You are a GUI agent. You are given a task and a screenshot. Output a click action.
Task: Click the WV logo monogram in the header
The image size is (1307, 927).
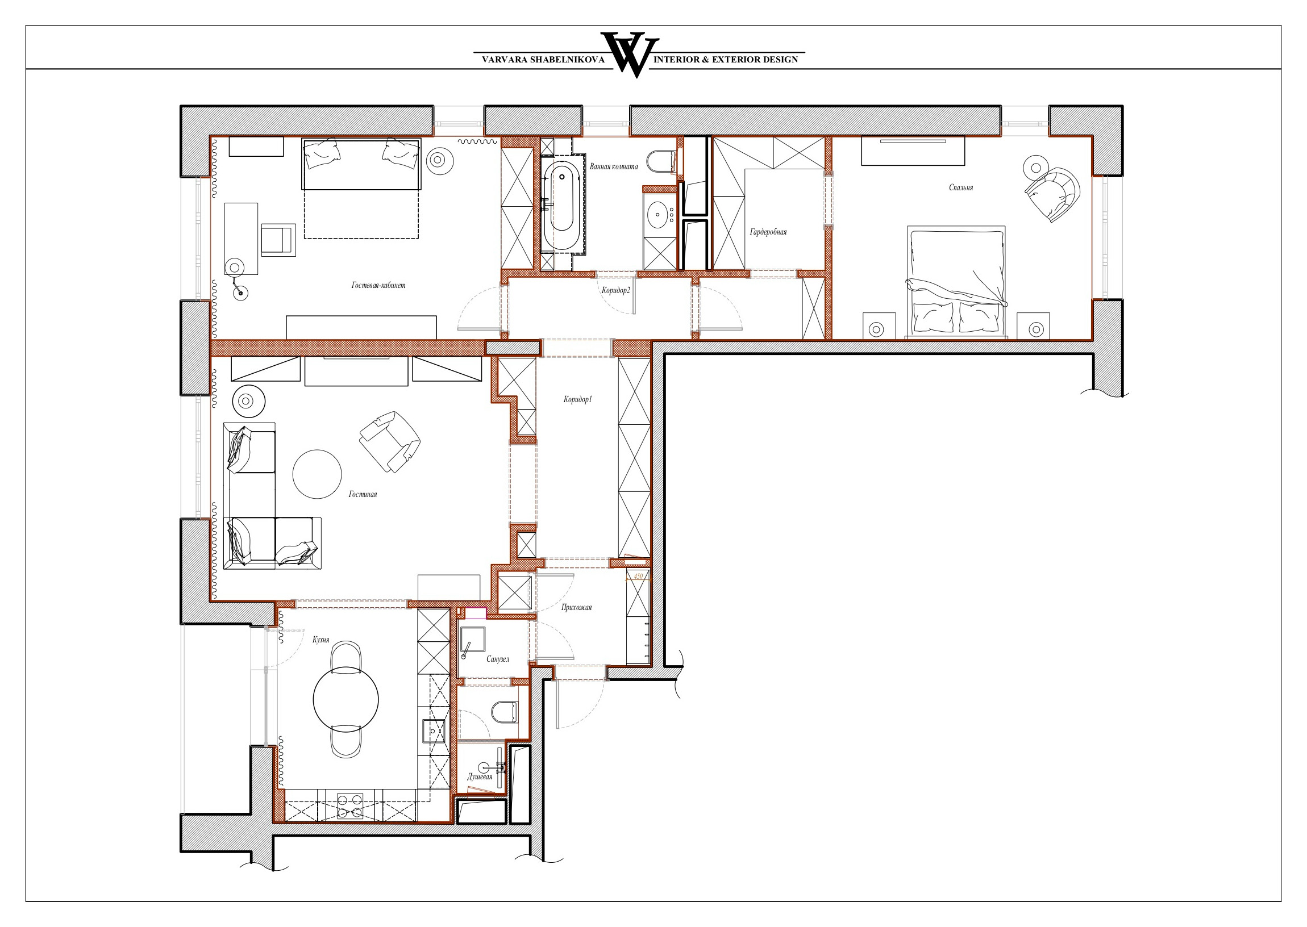630,54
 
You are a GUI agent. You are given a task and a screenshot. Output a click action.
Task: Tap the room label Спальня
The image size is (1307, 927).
961,187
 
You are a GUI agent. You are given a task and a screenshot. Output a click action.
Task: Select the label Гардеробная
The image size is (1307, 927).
768,232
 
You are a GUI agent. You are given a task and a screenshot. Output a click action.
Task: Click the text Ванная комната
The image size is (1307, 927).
614,166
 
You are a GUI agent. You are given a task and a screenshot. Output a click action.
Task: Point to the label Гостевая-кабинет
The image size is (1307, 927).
378,285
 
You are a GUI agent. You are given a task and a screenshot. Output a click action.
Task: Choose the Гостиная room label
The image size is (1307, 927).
363,494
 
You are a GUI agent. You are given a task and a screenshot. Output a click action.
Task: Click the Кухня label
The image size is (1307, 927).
320,640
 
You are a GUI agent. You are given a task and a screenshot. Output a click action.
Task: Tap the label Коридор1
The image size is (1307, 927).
577,399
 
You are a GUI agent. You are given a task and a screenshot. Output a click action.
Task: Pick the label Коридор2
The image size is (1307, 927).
615,291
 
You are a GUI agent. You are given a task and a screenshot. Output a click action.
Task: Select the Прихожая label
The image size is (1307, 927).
576,607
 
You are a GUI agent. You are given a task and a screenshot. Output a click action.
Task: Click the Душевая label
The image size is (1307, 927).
480,776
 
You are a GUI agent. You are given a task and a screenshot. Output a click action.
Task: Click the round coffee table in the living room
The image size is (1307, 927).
317,474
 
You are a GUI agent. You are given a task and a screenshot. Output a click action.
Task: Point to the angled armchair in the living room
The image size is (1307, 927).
389,441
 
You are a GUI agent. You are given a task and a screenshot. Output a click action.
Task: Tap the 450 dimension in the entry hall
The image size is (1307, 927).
638,576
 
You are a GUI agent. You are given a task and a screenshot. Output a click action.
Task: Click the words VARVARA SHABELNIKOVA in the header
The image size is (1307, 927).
543,60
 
